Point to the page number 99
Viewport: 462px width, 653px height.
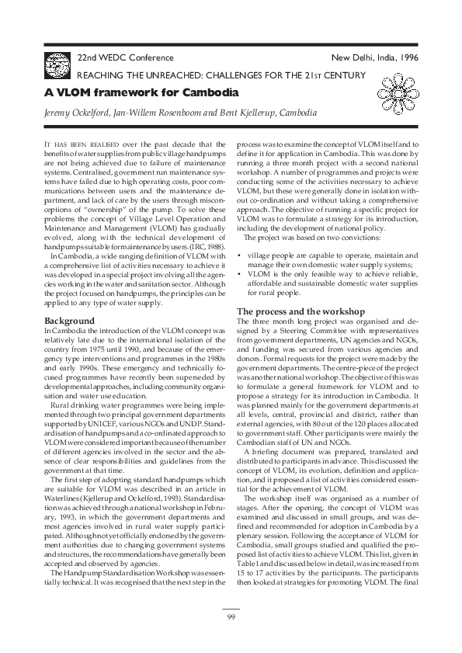(231, 617)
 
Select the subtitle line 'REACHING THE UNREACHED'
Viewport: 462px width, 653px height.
(225, 75)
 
